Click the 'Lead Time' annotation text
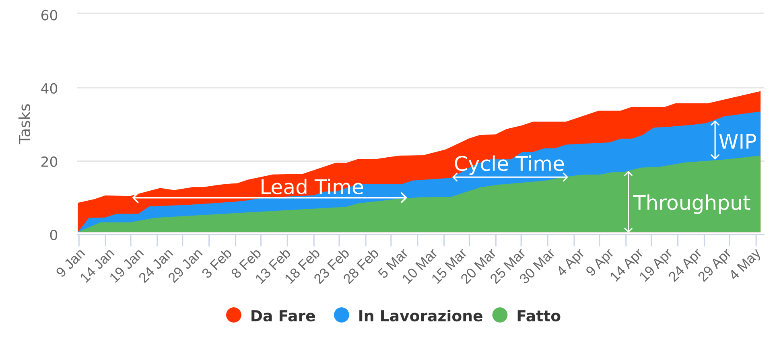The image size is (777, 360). click(312, 187)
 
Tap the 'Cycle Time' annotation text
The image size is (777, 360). click(509, 164)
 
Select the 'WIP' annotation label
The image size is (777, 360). click(738, 142)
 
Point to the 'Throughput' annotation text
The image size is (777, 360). click(692, 203)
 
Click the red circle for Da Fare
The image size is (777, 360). click(234, 315)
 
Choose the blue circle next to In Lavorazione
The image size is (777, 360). click(342, 315)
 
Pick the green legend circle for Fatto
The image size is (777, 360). click(500, 315)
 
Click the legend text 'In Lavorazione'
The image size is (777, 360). click(420, 316)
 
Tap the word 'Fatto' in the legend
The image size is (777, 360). click(538, 316)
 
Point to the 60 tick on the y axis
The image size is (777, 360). click(49, 16)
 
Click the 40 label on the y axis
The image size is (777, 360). click(49, 89)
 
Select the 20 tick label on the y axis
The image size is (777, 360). click(49, 163)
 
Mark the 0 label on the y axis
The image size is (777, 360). click(54, 235)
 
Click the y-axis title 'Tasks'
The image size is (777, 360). click(25, 123)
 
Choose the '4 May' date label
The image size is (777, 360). click(746, 264)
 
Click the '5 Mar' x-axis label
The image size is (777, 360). click(394, 264)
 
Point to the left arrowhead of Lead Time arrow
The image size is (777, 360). click(134, 197)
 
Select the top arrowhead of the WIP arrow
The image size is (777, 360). click(715, 121)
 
